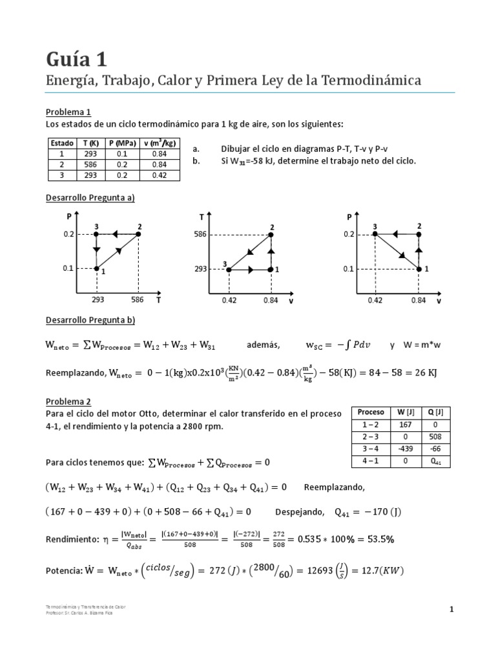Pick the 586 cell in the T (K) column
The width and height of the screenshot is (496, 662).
tap(90, 164)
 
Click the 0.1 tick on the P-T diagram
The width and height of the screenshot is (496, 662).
tap(68, 268)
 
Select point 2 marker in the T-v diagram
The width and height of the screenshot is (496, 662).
tap(271, 235)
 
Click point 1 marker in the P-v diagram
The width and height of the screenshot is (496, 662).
tap(418, 269)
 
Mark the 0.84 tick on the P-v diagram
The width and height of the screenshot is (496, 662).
tap(418, 300)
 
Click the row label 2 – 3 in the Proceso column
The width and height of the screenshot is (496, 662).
tap(371, 437)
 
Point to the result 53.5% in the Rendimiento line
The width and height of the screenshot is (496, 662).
tap(391, 539)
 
